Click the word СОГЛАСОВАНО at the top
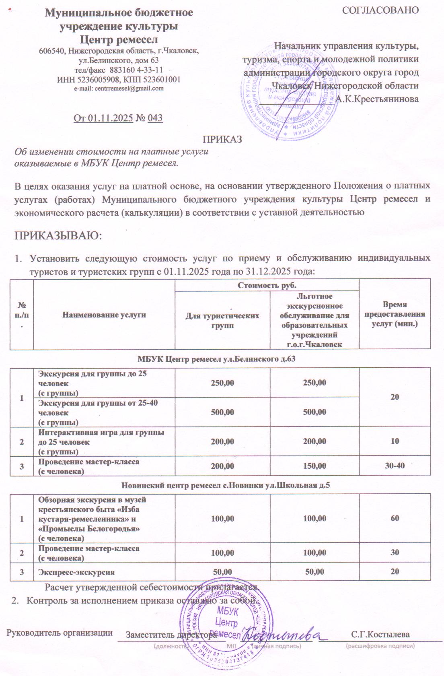click(x=380, y=10)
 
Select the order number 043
click(x=155, y=118)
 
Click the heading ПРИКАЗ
click(x=222, y=139)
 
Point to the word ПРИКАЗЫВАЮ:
click(x=58, y=235)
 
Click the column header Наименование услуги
click(x=104, y=315)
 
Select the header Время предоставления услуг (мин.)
click(x=395, y=314)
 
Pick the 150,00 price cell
click(x=314, y=466)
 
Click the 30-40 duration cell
click(x=395, y=466)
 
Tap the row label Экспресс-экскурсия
click(x=76, y=572)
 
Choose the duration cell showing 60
click(x=395, y=518)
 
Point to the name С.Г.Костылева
click(x=380, y=635)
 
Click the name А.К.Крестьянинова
click(x=377, y=99)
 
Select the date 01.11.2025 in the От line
click(x=111, y=118)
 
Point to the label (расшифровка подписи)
click(x=380, y=646)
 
